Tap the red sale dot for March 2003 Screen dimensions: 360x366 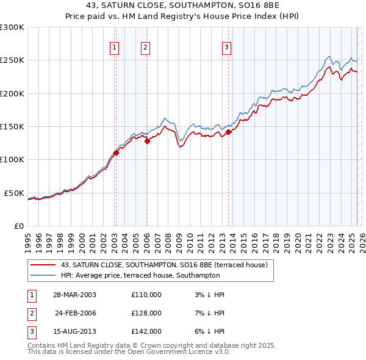116,153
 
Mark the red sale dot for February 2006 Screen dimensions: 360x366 147,141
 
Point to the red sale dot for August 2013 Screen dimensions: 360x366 228,132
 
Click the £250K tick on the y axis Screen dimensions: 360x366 12,60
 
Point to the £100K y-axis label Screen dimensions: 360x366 12,159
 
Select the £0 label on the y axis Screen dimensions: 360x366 18,226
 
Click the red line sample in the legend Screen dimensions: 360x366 43,265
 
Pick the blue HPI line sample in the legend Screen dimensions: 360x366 43,276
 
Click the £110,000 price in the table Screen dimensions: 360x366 146,295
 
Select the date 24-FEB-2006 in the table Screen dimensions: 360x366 76,313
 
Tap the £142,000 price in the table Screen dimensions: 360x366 146,331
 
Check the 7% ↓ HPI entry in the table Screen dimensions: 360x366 207,313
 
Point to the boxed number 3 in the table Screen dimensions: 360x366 31,331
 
